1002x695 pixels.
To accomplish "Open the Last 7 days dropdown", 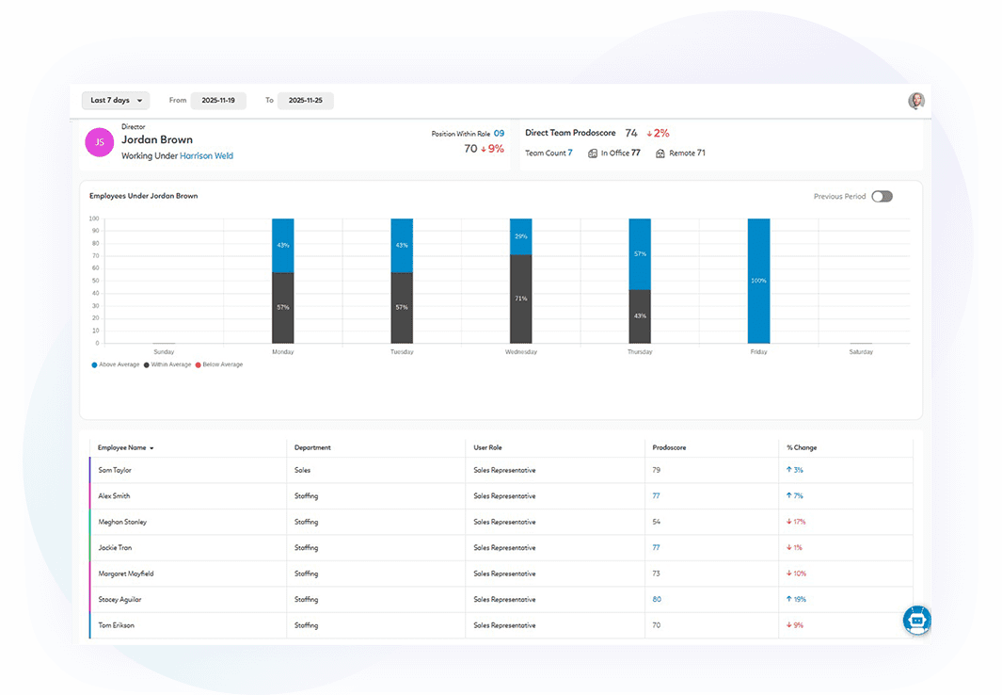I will tap(115, 101).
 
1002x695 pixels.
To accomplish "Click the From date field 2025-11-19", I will tap(218, 101).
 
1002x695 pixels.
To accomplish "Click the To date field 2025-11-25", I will tap(305, 101).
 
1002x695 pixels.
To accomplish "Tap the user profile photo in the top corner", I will tap(915, 101).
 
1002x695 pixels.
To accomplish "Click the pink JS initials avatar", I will tap(100, 142).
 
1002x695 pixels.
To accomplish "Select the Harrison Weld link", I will tap(206, 156).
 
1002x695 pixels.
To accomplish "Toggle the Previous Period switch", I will tap(882, 197).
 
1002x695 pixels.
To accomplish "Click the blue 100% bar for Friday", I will tap(758, 281).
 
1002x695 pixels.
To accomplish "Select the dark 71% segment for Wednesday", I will tap(521, 299).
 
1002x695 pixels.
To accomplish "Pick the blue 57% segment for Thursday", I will tap(640, 253).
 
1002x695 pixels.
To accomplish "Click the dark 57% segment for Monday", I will tap(283, 307).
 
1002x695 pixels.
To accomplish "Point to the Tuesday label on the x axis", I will tap(402, 352).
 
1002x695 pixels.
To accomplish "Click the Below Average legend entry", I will tap(219, 364).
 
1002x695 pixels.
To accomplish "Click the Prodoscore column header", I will tap(669, 447).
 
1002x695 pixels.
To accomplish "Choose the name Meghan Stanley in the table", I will tap(122, 522).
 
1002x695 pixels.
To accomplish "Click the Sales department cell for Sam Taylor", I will tap(302, 470).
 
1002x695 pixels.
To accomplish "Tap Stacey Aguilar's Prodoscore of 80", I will tap(657, 599).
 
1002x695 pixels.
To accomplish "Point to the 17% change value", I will tap(796, 522).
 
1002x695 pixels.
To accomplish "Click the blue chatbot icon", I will tap(916, 619).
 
